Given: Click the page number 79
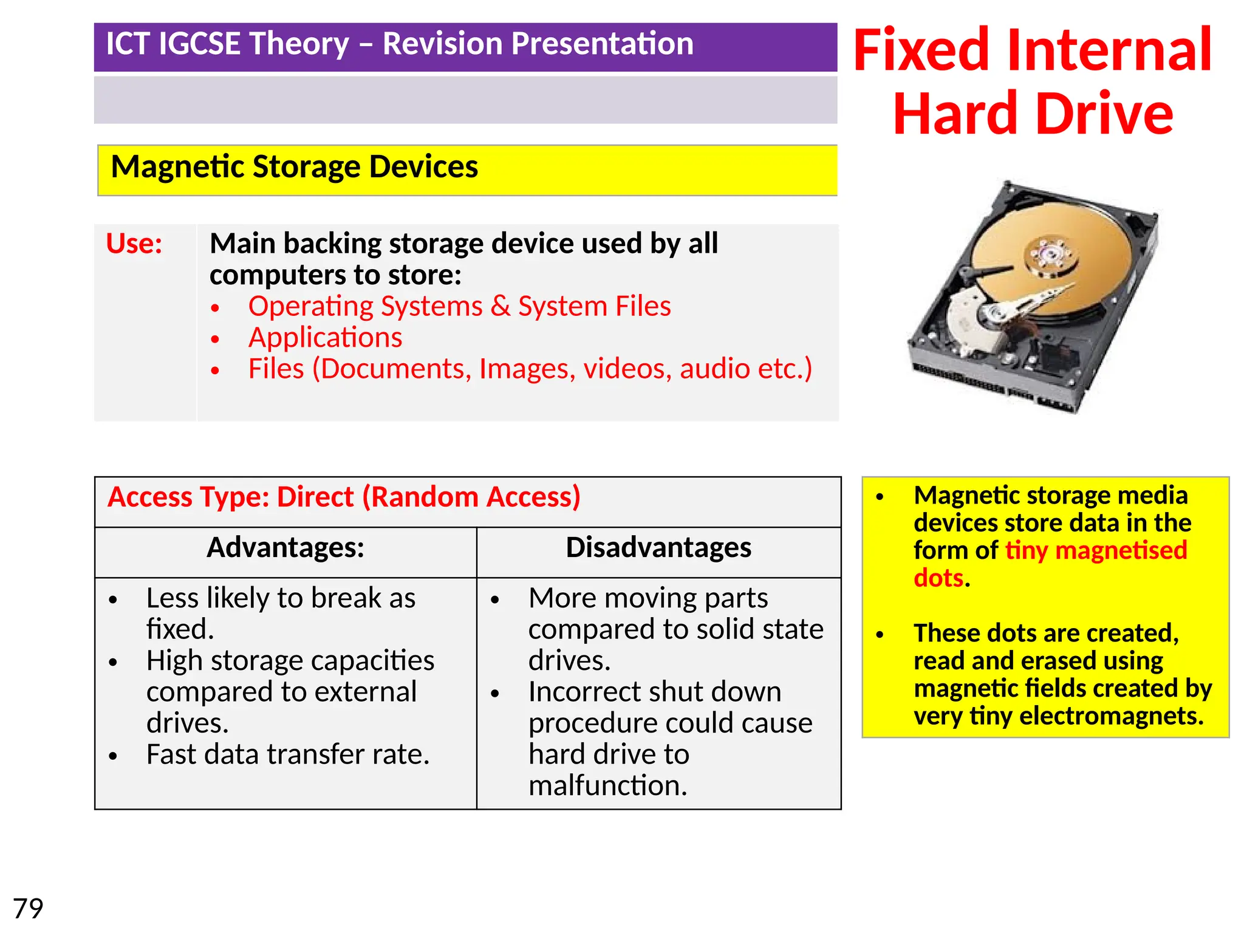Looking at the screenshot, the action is click(28, 909).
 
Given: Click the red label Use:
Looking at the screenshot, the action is click(134, 244).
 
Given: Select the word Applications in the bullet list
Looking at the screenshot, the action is click(325, 338).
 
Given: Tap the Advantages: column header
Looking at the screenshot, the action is click(285, 548).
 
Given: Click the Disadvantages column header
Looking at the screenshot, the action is click(658, 548).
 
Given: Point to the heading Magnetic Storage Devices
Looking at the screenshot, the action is click(295, 167).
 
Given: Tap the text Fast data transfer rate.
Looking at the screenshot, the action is click(288, 755).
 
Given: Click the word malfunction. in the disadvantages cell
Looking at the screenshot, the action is click(608, 786).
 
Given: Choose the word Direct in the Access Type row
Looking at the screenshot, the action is click(315, 497).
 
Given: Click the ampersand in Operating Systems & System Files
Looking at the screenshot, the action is click(501, 306).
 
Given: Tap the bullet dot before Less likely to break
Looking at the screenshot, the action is click(113, 600).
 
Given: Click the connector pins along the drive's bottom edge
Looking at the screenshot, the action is click(960, 377).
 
